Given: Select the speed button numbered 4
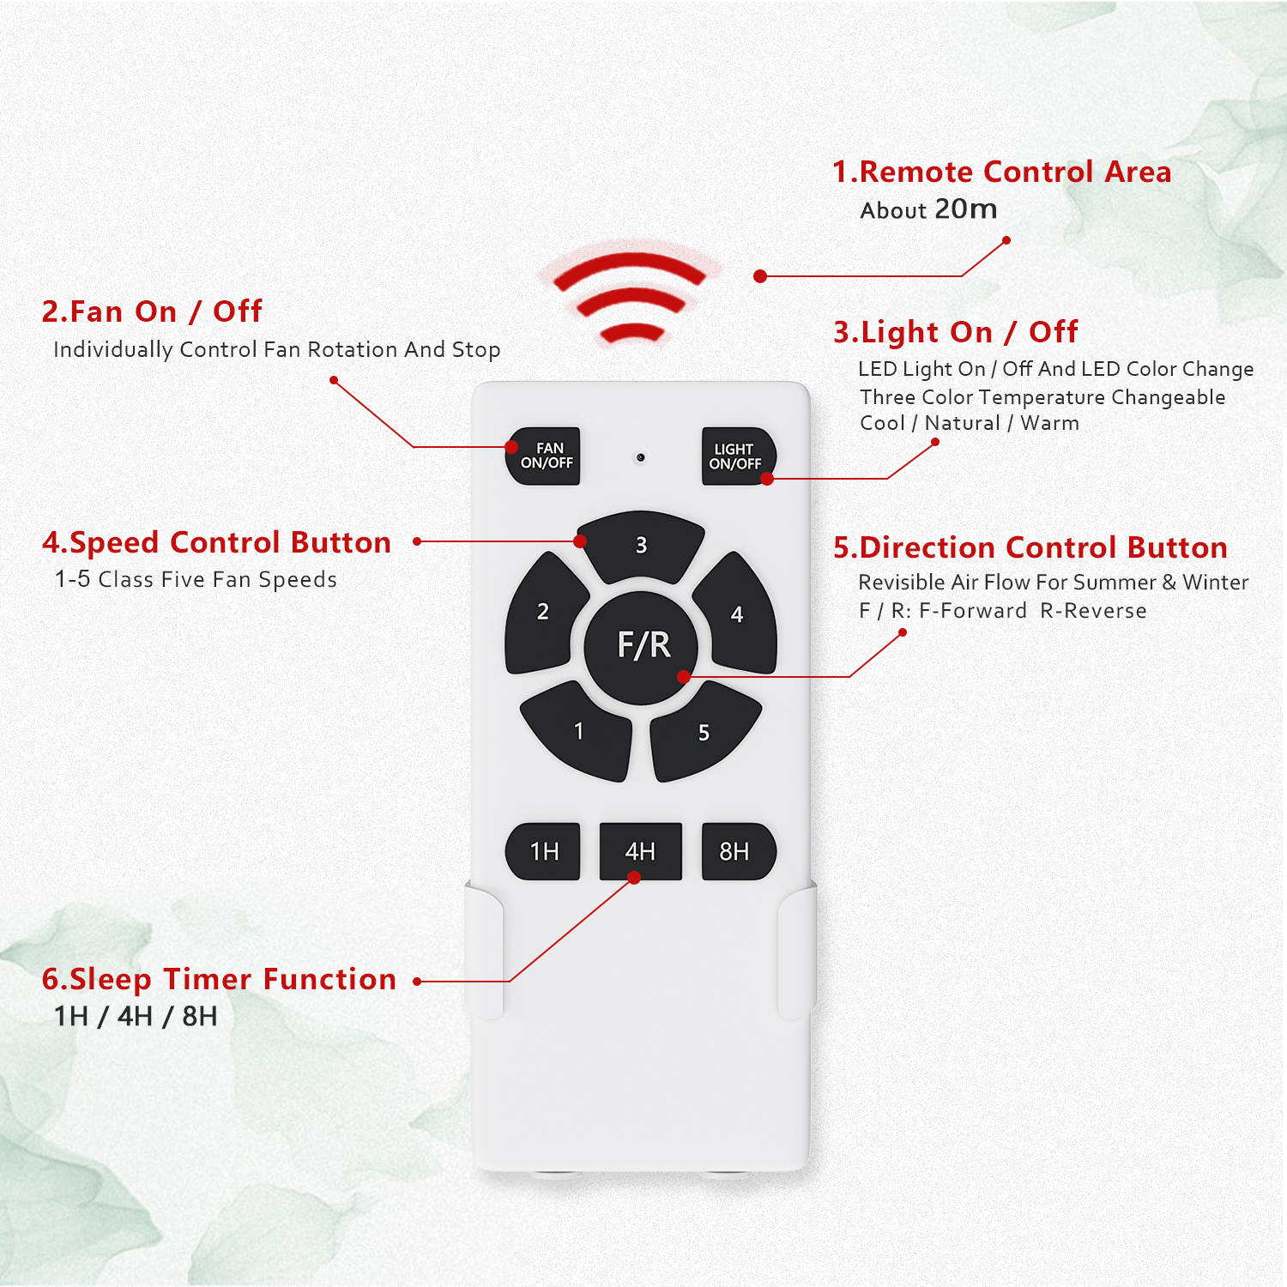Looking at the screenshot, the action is (x=736, y=613).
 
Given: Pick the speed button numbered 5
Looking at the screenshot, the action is (x=704, y=732).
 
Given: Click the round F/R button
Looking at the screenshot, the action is (x=641, y=647).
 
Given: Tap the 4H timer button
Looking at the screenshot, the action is (x=640, y=851).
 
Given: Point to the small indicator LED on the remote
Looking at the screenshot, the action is (x=640, y=457).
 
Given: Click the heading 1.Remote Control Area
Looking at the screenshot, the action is (x=1001, y=172).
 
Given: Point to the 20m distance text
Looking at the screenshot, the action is (x=965, y=208).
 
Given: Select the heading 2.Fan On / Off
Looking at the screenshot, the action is (x=152, y=311).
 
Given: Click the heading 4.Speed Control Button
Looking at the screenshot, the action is (x=216, y=542).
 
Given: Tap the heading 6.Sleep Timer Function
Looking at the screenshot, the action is (x=219, y=979).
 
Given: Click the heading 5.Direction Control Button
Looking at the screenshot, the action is (x=1030, y=547).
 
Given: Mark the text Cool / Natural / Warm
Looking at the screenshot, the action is (x=970, y=423).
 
